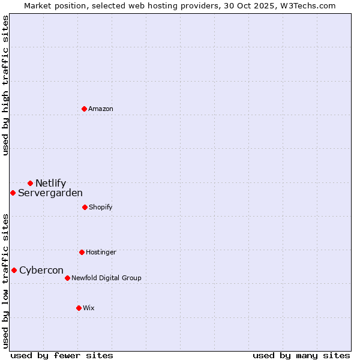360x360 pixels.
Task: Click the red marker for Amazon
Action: click(x=85, y=109)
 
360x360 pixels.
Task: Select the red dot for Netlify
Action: click(x=30, y=183)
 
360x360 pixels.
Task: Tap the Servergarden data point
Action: click(x=13, y=193)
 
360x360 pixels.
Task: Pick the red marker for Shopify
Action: click(x=85, y=207)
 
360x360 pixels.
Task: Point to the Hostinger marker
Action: click(x=82, y=252)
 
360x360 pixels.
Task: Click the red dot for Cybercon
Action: click(x=14, y=270)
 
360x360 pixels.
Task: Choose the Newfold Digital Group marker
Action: click(x=67, y=278)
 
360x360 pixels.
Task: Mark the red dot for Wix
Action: click(x=79, y=308)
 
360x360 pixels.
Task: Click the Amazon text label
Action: click(x=101, y=109)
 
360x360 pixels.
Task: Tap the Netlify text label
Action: click(x=50, y=183)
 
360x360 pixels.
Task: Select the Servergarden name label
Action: click(x=50, y=193)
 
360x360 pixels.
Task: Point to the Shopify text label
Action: click(x=101, y=207)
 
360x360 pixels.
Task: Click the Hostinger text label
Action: click(x=101, y=252)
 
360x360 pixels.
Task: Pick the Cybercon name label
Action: click(x=41, y=270)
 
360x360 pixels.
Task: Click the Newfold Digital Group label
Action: click(x=106, y=278)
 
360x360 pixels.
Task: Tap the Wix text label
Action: click(x=89, y=308)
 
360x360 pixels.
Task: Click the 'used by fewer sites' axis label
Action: click(x=62, y=355)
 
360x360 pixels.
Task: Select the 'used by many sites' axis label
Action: click(x=301, y=355)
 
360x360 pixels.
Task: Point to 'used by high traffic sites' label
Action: click(x=5, y=85)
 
